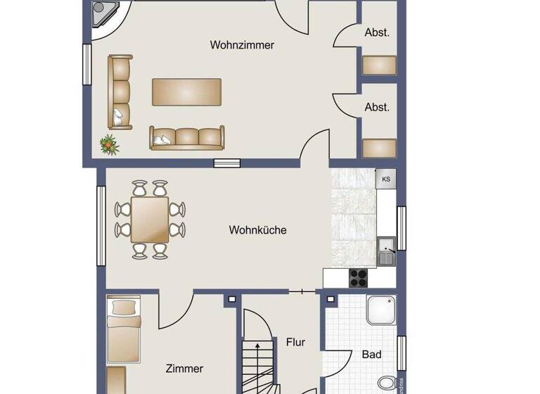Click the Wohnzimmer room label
coord(242,45)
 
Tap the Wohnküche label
coord(257,230)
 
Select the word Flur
coord(295,342)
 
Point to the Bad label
coord(371,355)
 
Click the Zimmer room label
coord(184,368)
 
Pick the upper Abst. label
coord(377,32)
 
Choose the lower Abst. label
coord(377,107)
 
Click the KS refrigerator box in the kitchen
coord(386,179)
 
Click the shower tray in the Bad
coord(380,310)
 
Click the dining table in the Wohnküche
coord(150,220)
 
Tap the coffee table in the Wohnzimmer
coord(187,91)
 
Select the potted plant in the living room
coord(109,145)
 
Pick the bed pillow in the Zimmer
coord(124,307)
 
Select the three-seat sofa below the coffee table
coord(186,137)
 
